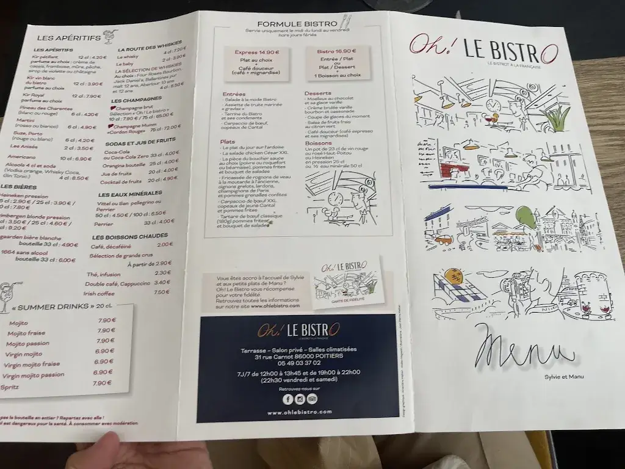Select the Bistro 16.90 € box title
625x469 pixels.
[x=336, y=52]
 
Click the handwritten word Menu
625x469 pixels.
[x=524, y=350]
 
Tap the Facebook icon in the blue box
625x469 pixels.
[x=287, y=399]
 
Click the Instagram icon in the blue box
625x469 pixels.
[x=300, y=399]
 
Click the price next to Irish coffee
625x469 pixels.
[x=162, y=292]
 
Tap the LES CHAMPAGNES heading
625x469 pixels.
[x=136, y=99]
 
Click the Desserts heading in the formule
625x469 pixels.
[x=317, y=93]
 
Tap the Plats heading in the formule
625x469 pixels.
[x=228, y=141]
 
